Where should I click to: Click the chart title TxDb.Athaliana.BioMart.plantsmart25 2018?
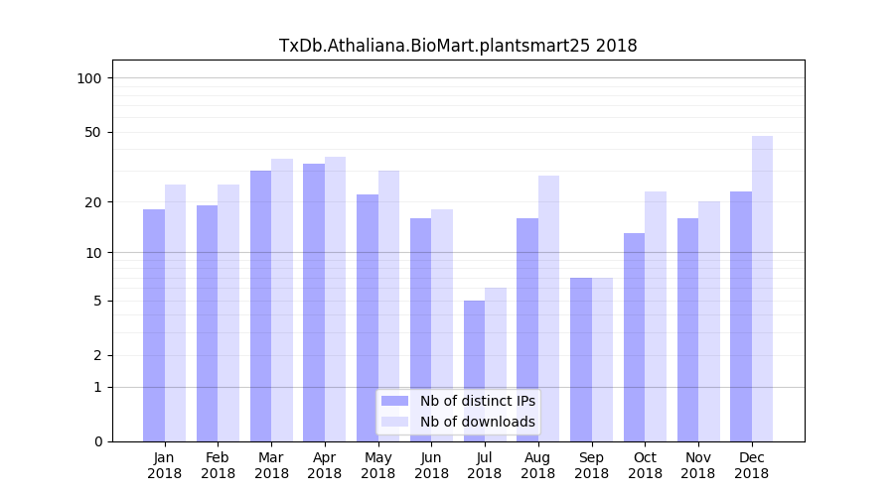[x=458, y=46]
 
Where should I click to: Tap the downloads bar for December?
[x=762, y=289]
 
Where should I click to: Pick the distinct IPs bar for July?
[x=474, y=371]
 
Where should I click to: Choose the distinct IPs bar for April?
[x=314, y=303]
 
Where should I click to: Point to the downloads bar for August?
[x=548, y=309]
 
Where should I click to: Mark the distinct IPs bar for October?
[x=634, y=337]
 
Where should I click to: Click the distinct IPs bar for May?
[x=368, y=317]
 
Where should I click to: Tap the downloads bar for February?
[x=228, y=312]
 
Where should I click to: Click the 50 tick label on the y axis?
[x=93, y=132]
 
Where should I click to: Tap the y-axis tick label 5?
[x=97, y=301]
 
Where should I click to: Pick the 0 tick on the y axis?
[x=97, y=441]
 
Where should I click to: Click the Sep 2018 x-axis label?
[x=591, y=465]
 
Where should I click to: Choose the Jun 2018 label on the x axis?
[x=431, y=465]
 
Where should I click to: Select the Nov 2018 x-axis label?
[x=698, y=465]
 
